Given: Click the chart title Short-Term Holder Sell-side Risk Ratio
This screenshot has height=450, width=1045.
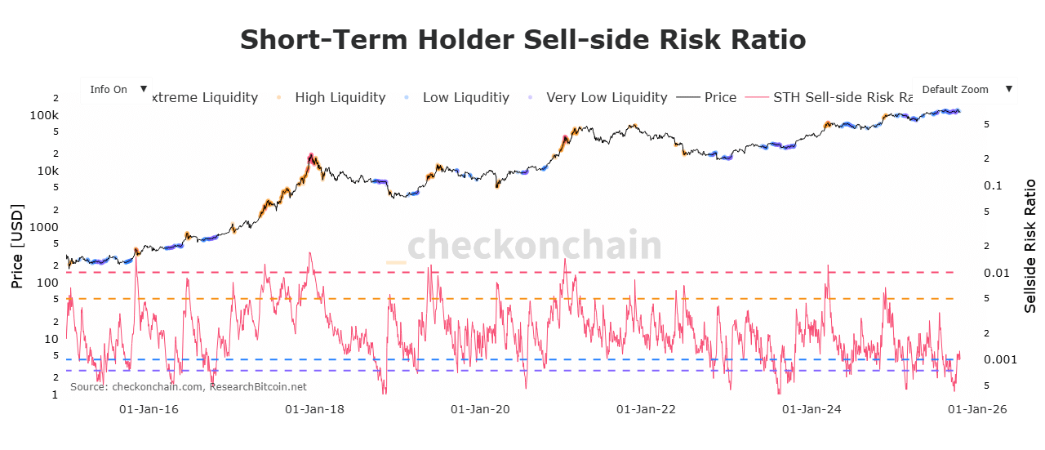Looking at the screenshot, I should point(522,39).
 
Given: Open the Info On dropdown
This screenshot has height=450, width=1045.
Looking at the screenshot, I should point(117,90).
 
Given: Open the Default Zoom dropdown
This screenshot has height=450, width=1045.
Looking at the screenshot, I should point(964,90).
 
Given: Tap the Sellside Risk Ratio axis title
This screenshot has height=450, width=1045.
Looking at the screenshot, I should point(1030,245).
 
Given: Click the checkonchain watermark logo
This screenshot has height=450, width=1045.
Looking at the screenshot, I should point(523,245).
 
